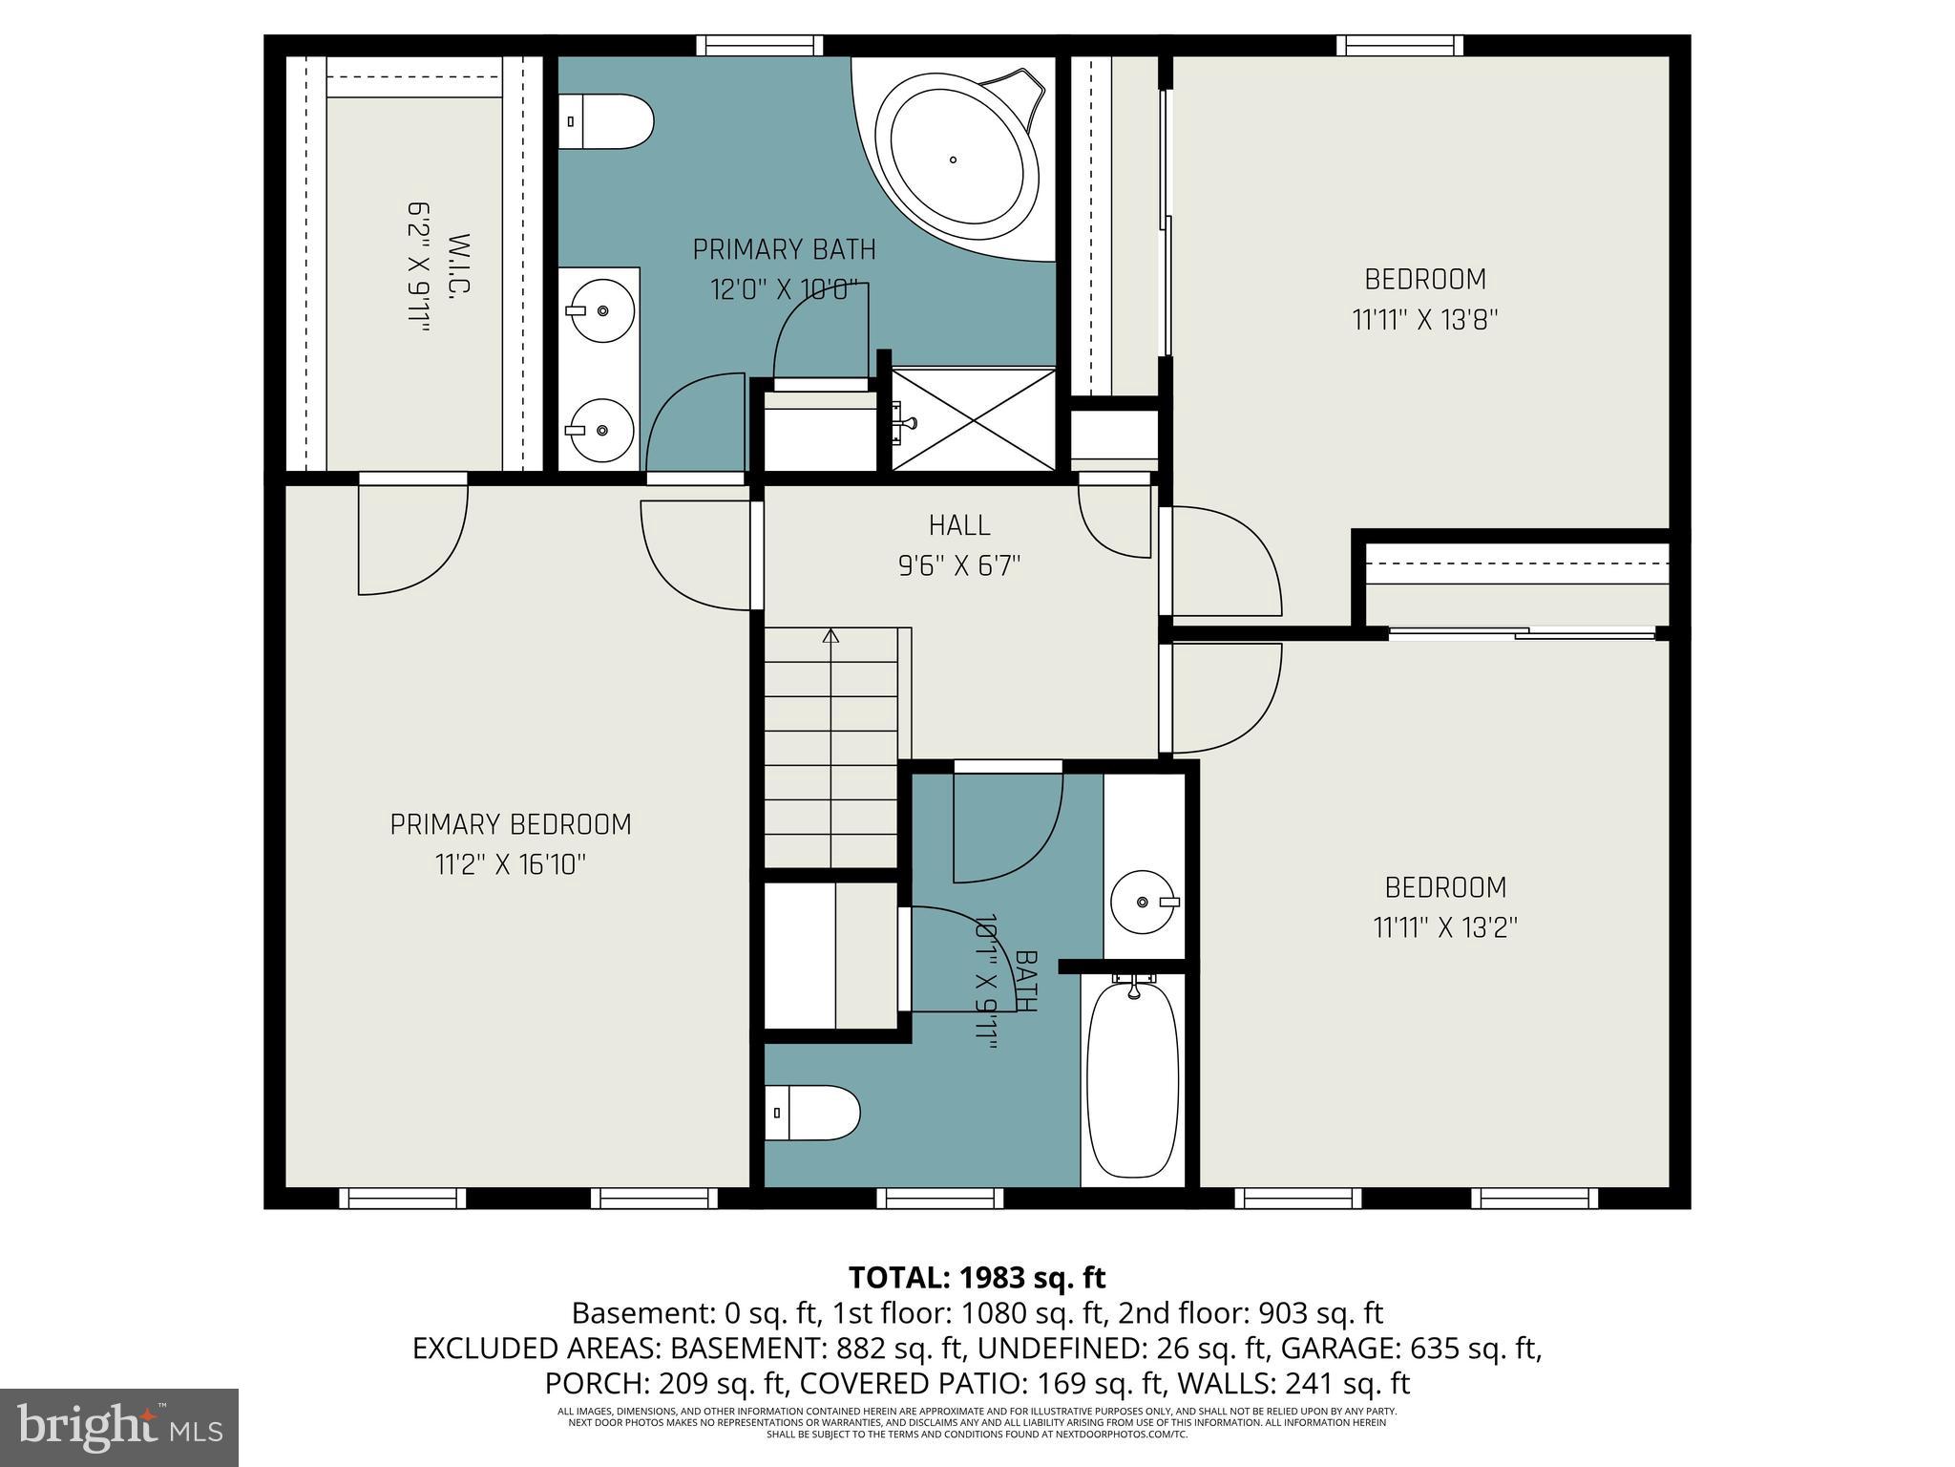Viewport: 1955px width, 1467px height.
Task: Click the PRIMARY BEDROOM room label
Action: [x=511, y=824]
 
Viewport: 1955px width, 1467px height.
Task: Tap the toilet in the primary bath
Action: [x=605, y=121]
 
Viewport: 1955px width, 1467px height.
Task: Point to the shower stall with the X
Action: [x=974, y=419]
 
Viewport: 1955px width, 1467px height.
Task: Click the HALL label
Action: [x=959, y=525]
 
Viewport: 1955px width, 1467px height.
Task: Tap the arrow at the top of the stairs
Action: [x=830, y=634]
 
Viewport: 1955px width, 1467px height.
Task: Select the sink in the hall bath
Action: [x=1145, y=902]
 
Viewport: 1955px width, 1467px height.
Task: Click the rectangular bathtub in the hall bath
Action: [x=1133, y=1079]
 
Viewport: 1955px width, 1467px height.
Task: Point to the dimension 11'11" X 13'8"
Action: [x=1424, y=320]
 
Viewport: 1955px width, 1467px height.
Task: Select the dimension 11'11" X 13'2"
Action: [x=1445, y=927]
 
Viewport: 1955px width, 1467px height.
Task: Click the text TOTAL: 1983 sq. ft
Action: [x=977, y=1277]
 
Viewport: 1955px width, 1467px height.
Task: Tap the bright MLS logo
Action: [x=119, y=1427]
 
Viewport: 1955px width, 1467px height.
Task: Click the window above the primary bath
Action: [x=759, y=45]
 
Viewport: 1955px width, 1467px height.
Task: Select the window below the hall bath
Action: [x=940, y=1198]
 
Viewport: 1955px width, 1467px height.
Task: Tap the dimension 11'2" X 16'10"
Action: [x=511, y=865]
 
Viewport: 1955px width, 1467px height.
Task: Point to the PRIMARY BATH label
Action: [x=784, y=250]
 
